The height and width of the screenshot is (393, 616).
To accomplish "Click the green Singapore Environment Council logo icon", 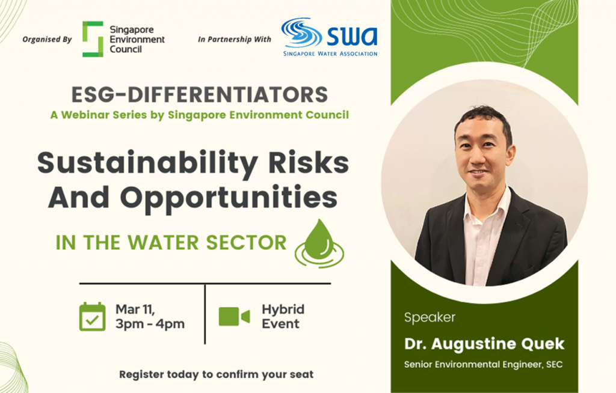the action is pyautogui.click(x=93, y=39).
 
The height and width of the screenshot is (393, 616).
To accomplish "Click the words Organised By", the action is pyautogui.click(x=47, y=39).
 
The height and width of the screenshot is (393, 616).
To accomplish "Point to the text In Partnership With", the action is pyautogui.click(x=235, y=39).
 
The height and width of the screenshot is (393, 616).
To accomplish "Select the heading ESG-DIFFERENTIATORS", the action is pyautogui.click(x=200, y=94).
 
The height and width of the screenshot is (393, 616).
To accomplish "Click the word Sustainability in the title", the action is pyautogui.click(x=148, y=163).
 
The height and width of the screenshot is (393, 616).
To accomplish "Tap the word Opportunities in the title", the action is pyautogui.click(x=229, y=198).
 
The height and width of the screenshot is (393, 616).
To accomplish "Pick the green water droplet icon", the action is pyautogui.click(x=319, y=244).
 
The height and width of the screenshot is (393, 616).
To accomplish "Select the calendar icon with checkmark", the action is pyautogui.click(x=92, y=317).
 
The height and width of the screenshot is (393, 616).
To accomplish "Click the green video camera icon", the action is pyautogui.click(x=234, y=317).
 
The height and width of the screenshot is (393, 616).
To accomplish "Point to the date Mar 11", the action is pyautogui.click(x=135, y=309).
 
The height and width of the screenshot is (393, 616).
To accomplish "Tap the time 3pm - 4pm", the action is pyautogui.click(x=150, y=324).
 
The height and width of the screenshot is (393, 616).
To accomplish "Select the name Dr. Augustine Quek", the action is pyautogui.click(x=484, y=344).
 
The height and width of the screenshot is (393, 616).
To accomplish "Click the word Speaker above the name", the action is pyautogui.click(x=430, y=317).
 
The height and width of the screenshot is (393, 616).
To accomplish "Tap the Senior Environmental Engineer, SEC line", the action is pyautogui.click(x=483, y=364).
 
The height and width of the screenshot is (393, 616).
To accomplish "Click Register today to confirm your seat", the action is pyautogui.click(x=217, y=374).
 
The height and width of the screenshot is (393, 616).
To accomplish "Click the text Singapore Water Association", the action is pyautogui.click(x=330, y=53).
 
